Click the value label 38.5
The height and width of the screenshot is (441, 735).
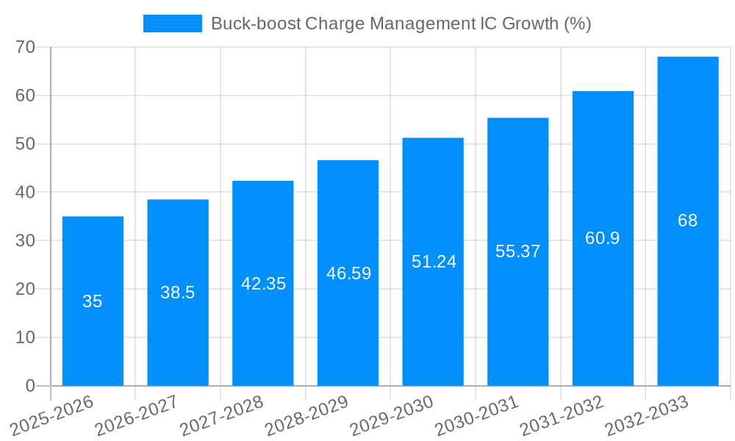point(178,293)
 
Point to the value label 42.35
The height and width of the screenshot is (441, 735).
point(263,284)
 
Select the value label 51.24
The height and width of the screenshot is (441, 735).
point(434,262)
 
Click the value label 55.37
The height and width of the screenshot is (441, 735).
point(517,251)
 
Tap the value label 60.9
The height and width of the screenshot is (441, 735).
point(603,238)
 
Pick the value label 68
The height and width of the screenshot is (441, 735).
point(687,220)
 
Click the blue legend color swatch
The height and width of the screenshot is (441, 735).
point(172,24)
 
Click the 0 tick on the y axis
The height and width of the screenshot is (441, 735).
point(30,386)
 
